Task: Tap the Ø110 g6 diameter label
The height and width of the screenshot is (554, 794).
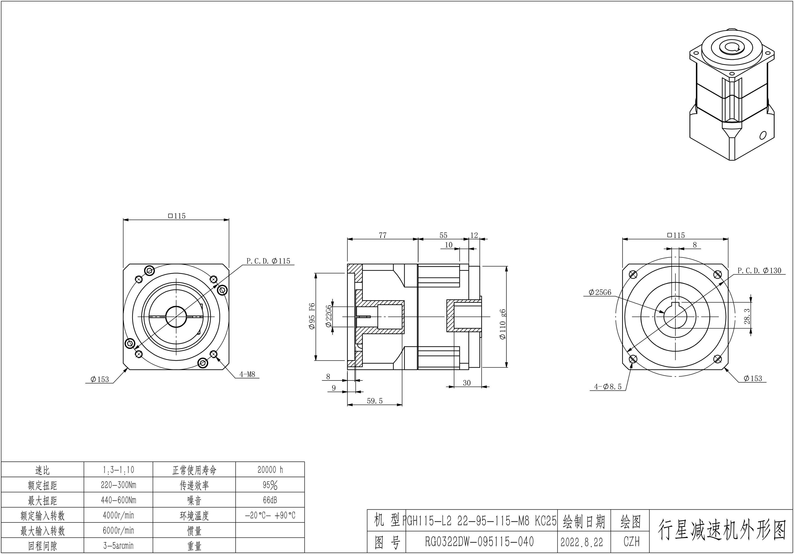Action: click(503, 324)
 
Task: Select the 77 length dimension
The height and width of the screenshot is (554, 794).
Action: click(383, 235)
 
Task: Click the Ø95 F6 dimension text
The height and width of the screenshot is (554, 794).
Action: click(312, 316)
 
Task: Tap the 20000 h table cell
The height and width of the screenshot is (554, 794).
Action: click(270, 470)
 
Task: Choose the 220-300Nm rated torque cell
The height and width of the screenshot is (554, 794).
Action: click(118, 485)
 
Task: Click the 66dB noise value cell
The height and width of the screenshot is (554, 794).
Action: click(270, 500)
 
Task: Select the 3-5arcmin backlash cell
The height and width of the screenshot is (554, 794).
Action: click(118, 546)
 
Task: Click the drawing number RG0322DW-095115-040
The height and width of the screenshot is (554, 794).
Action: click(479, 542)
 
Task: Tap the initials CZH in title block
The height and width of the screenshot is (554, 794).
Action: click(631, 542)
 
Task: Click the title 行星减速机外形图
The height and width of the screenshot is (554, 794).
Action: click(721, 530)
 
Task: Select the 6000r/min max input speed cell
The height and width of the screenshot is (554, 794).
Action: click(118, 530)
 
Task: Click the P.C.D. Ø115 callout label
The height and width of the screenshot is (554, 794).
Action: click(268, 261)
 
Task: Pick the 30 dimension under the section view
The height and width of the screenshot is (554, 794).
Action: click(467, 383)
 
